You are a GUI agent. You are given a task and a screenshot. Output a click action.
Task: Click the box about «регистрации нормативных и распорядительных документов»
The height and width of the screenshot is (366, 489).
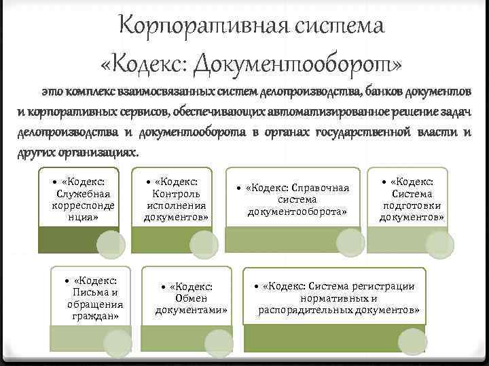tap(338, 298)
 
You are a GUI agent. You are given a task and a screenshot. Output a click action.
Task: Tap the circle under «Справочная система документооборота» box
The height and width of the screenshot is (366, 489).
tap(350, 242)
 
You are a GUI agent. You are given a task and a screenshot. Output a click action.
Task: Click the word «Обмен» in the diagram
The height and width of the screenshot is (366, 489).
tap(191, 298)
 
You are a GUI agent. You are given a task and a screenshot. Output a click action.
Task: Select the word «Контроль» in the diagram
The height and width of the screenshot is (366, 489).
tap(177, 194)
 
